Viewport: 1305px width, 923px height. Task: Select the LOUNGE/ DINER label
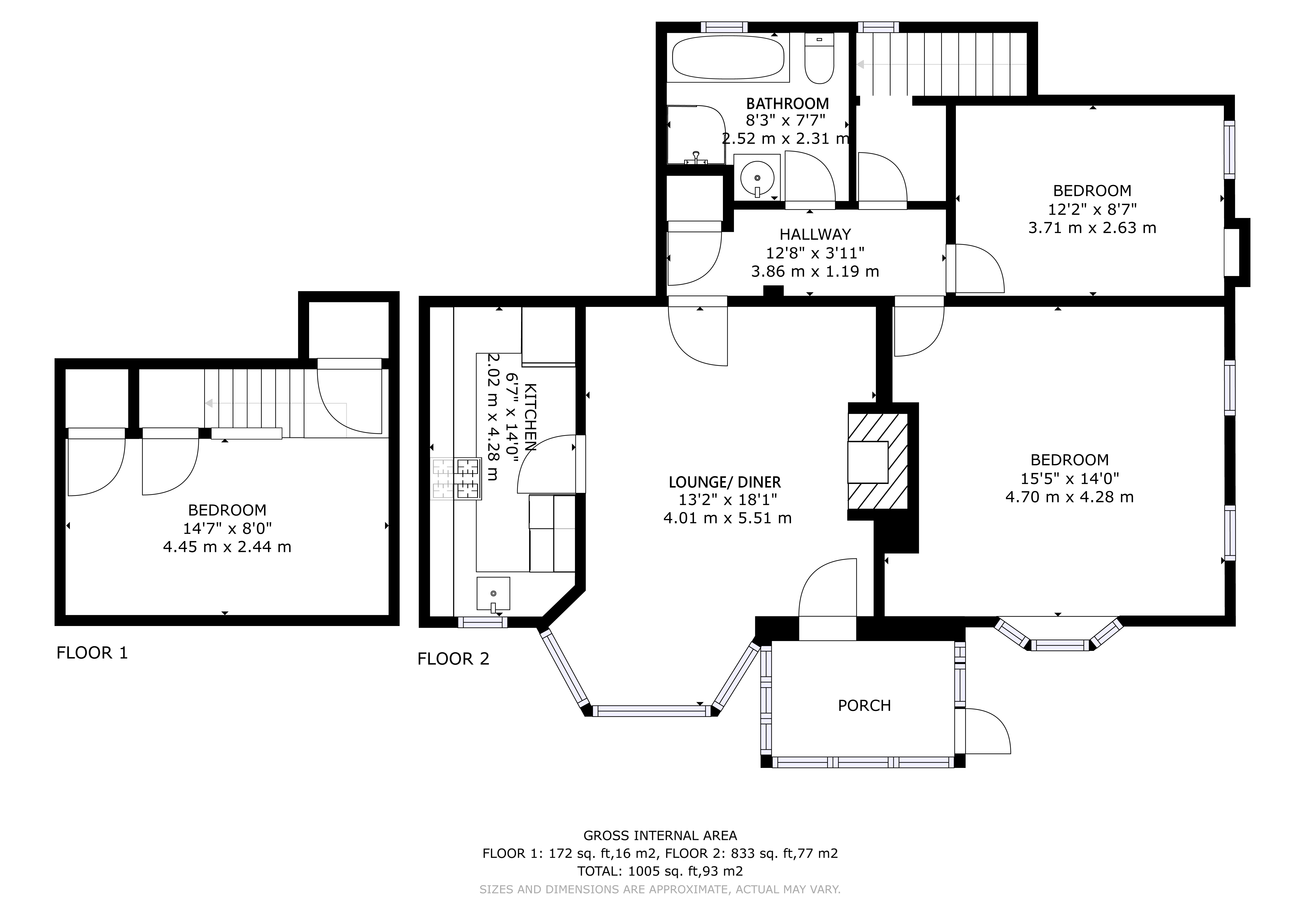click(x=725, y=483)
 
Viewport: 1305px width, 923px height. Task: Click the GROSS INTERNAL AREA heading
click(x=660, y=835)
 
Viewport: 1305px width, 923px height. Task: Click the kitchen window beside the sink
click(x=483, y=622)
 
